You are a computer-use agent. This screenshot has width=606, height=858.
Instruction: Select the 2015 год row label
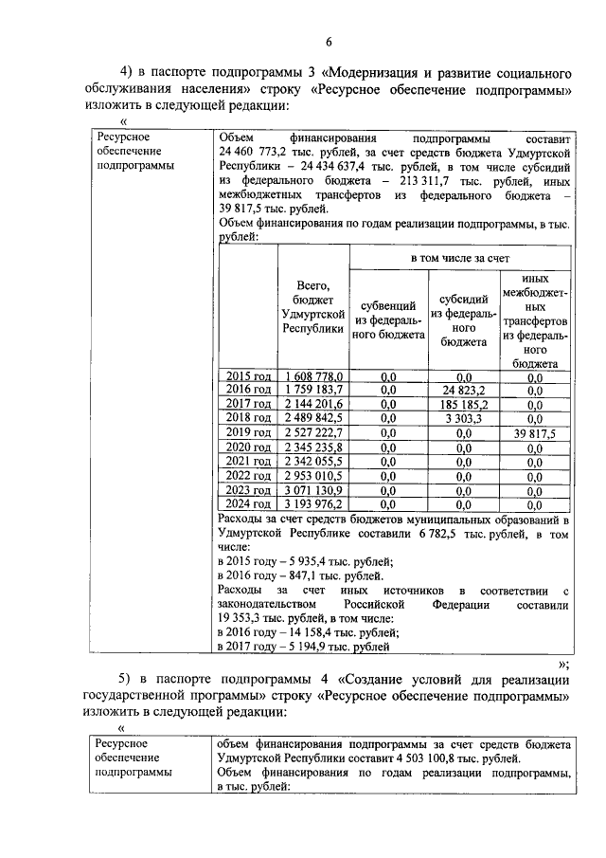247,376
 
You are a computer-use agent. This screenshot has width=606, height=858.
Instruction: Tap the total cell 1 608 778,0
313,376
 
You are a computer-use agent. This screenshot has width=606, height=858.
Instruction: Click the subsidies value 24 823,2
463,390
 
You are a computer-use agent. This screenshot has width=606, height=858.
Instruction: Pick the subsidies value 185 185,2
463,404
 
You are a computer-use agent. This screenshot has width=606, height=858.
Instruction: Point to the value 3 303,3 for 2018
463,418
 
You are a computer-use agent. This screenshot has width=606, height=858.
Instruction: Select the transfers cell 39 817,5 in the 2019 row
535,432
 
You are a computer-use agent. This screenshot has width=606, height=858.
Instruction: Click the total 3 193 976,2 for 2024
313,503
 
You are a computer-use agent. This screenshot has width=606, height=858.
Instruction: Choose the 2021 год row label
247,461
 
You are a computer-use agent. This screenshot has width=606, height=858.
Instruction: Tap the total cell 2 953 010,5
313,475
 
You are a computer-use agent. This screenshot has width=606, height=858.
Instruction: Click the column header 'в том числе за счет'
460,258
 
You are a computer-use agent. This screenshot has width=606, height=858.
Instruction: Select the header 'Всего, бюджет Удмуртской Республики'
313,306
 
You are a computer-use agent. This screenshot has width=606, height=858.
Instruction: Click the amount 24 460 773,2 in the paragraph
259,152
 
